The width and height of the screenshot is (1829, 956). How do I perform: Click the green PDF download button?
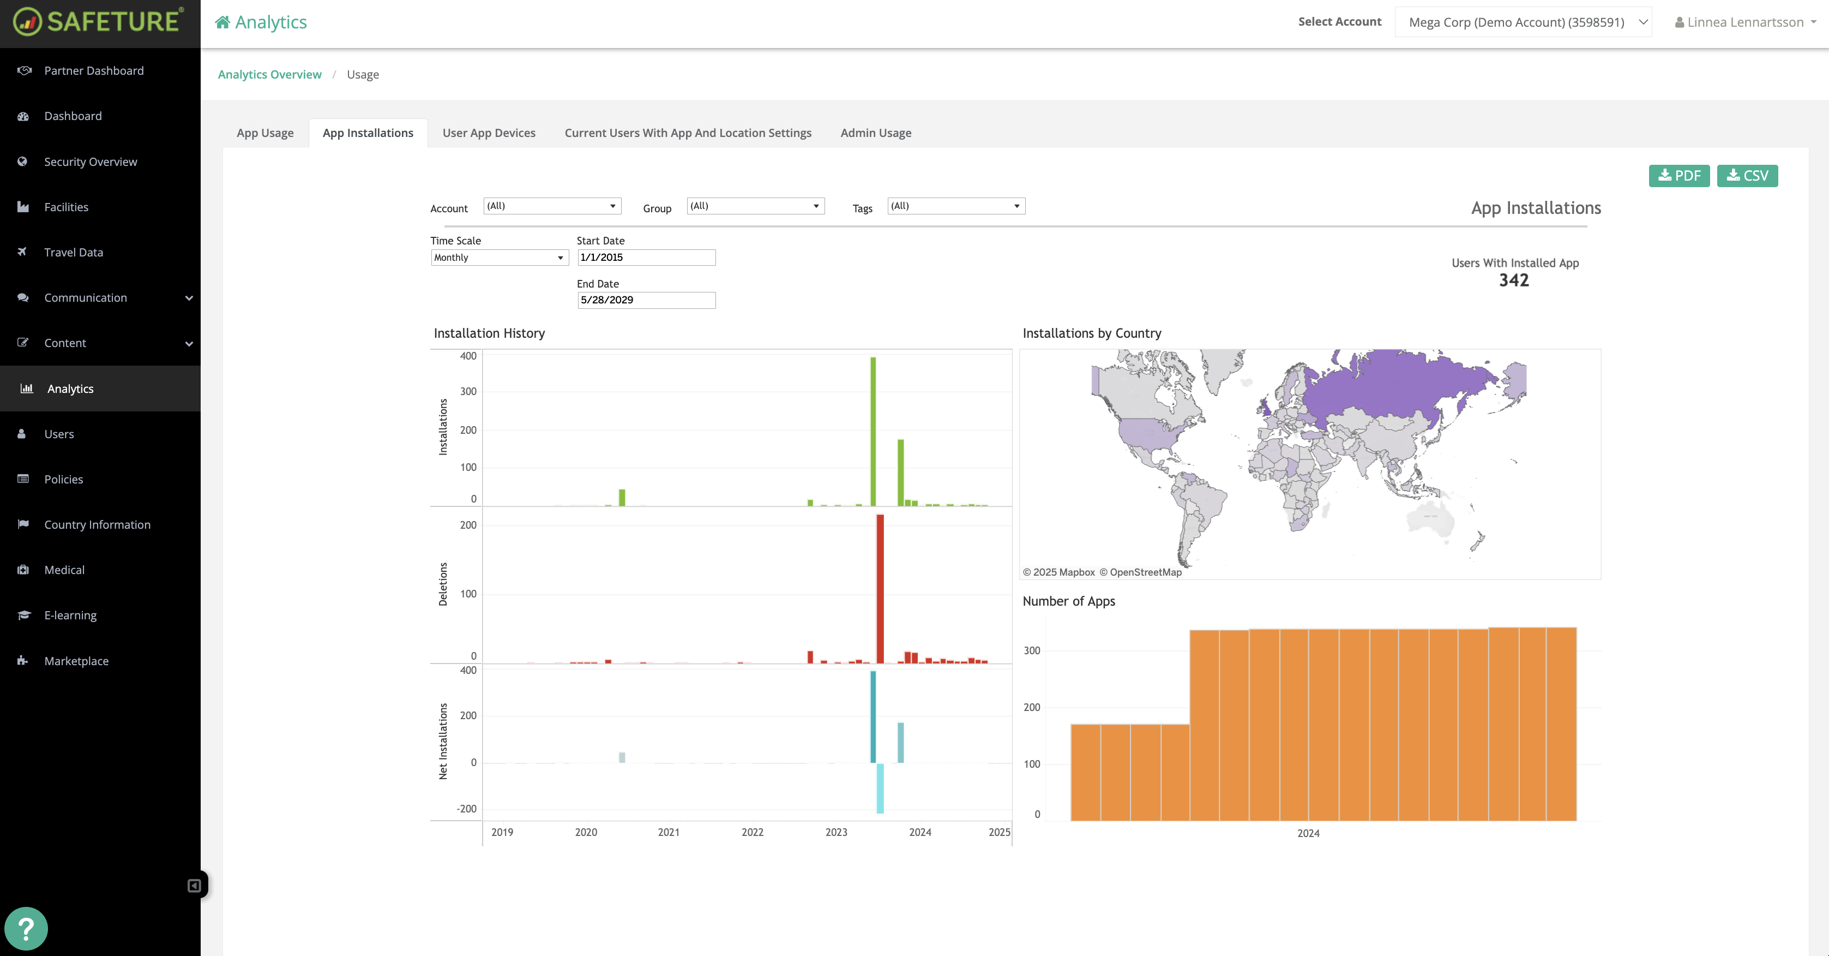[1678, 176]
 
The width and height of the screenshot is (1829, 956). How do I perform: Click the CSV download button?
[1747, 176]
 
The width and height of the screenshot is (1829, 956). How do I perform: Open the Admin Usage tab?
[875, 133]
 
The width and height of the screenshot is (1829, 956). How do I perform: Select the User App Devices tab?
[489, 133]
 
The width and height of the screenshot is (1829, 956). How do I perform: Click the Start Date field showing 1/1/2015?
[646, 257]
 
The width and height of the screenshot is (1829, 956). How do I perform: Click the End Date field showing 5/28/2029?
[646, 300]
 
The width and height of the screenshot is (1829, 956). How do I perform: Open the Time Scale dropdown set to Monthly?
[499, 257]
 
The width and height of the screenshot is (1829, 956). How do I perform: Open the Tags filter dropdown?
[956, 206]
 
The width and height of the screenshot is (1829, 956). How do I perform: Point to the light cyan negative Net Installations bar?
[881, 788]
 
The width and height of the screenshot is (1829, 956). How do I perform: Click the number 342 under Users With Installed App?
[1514, 280]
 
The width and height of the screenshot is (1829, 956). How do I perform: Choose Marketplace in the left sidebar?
[76, 661]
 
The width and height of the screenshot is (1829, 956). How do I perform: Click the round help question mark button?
[26, 928]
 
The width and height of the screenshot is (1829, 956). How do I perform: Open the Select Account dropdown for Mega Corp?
[1523, 22]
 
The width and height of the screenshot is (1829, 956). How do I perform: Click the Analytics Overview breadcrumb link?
[269, 75]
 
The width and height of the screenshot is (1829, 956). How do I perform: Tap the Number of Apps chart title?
[1069, 601]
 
